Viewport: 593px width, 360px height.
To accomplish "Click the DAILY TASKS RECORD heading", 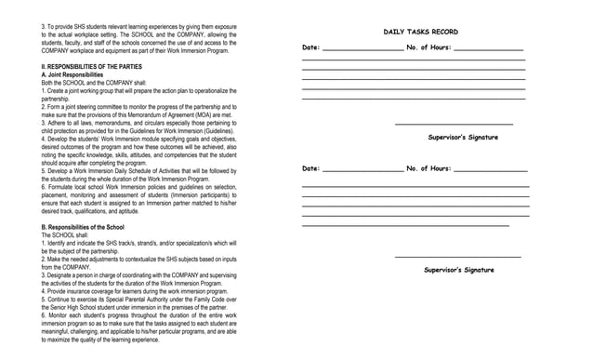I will pos(420,33).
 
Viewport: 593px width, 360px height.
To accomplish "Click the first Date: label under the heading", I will pos(311,47).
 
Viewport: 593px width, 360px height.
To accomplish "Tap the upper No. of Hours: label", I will pos(428,47).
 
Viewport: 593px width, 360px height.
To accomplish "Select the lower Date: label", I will pos(311,169).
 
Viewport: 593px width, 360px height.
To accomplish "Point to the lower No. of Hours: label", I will pos(428,169).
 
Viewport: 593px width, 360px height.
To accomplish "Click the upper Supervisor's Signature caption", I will pos(463,138).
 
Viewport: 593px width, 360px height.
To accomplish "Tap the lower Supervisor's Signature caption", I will pos(459,270).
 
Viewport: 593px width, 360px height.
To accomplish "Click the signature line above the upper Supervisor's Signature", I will pos(454,124).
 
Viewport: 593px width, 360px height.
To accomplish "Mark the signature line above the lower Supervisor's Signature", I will pos(457,257).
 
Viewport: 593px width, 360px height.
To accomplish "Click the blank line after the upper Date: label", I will pos(362,49).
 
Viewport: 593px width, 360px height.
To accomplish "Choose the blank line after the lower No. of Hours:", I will pos(490,171).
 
